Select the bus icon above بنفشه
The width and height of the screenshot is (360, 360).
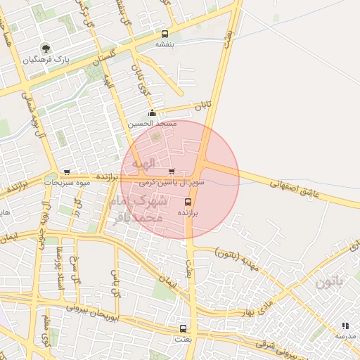[x=165, y=34]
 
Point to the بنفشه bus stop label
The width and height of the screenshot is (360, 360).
[x=165, y=44]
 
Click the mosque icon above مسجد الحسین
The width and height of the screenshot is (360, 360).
[x=152, y=113]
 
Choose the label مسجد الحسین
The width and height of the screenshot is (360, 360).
[x=152, y=124]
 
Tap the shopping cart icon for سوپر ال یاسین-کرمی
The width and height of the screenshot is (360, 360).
[x=172, y=172]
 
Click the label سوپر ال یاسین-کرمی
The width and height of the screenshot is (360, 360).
[x=172, y=182]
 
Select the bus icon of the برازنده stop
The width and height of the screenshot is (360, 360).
[x=187, y=202]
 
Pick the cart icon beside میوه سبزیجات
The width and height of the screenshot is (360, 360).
[x=67, y=172]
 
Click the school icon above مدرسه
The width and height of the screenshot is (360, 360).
[x=345, y=326]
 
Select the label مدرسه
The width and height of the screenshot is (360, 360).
[x=345, y=336]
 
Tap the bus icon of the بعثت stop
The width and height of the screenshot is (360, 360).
[x=184, y=328]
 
